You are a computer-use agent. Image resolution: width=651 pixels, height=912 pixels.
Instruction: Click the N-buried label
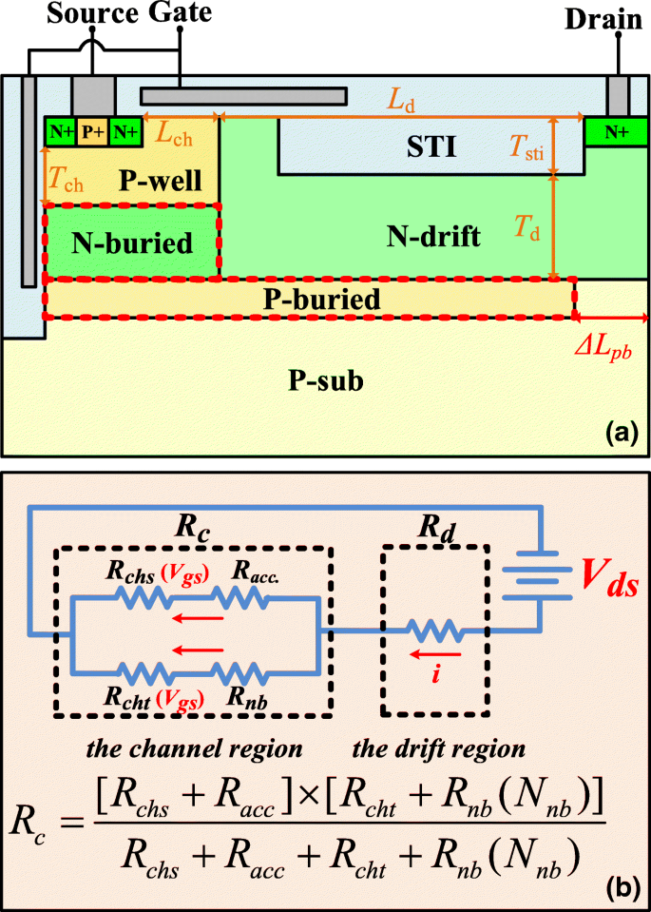point(132,244)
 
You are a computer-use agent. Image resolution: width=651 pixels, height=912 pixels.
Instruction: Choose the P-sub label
point(326,381)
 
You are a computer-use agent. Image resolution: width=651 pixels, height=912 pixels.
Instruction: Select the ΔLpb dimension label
point(609,350)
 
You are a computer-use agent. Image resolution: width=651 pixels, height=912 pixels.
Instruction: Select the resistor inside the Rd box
point(435,629)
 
